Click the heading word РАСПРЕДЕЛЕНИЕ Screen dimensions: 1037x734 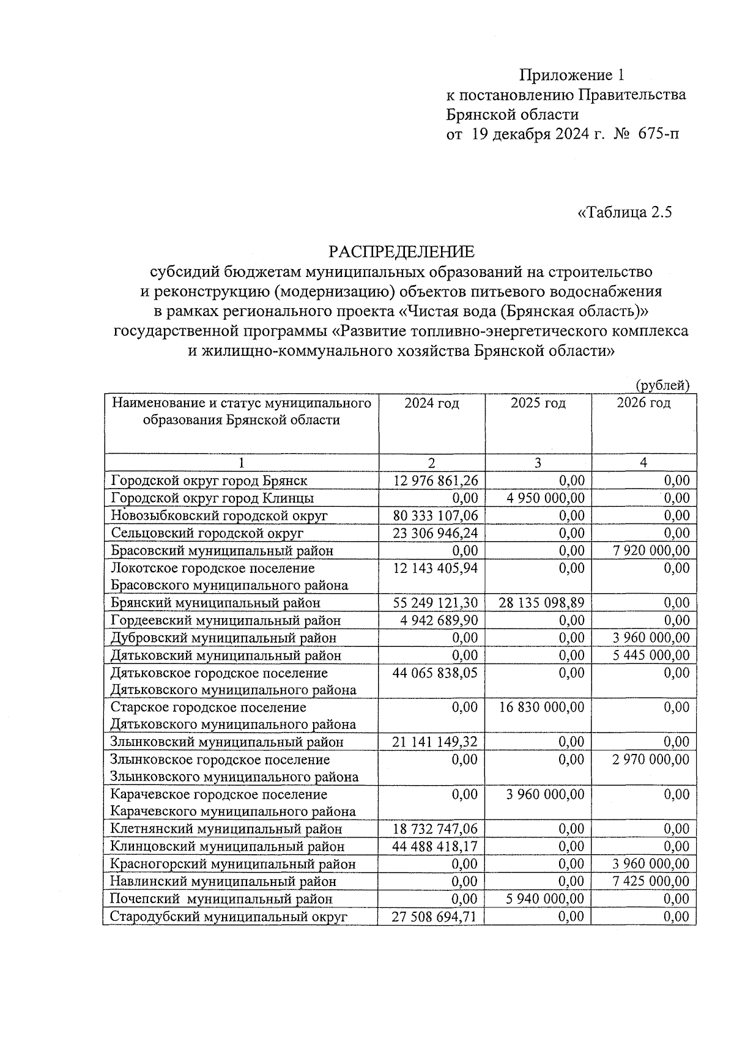pyautogui.click(x=401, y=251)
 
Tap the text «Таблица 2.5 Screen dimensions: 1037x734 pyautogui.click(x=625, y=212)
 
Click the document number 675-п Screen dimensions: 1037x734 pyautogui.click(x=658, y=134)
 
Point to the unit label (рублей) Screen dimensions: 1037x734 pyautogui.click(x=662, y=385)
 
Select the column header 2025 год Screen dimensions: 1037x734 pyautogui.click(x=538, y=403)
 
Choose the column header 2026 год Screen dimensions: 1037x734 pyautogui.click(x=643, y=403)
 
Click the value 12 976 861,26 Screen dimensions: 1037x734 pyautogui.click(x=436, y=481)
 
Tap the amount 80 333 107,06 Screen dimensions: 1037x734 pyautogui.click(x=436, y=515)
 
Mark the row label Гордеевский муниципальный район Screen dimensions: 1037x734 pyautogui.click(x=226, y=620)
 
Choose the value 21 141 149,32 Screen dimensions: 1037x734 pyautogui.click(x=436, y=742)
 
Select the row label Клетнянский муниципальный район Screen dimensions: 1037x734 pyautogui.click(x=226, y=829)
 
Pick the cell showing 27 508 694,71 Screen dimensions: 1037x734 pyautogui.click(x=436, y=917)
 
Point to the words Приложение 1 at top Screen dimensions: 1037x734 pyautogui.click(x=573, y=75)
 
